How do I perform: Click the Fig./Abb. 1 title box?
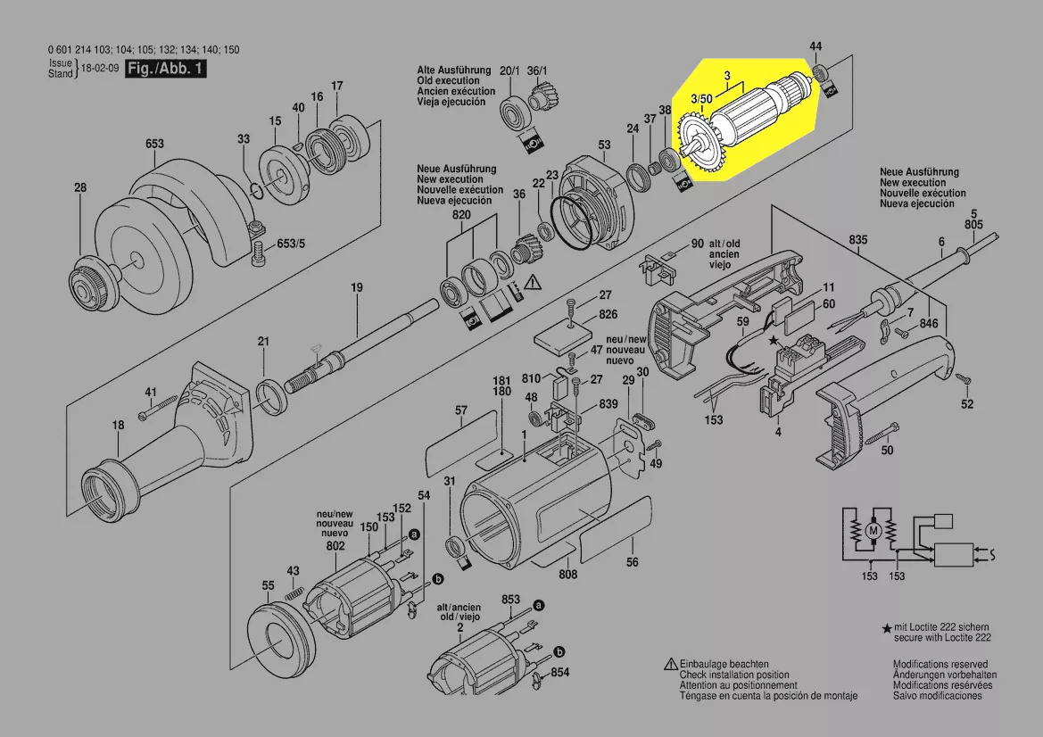tap(166, 69)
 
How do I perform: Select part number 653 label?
tap(155, 143)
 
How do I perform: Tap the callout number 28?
tap(80, 187)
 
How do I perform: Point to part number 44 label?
tap(815, 46)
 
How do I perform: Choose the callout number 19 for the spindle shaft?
tap(357, 287)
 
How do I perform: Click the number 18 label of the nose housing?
tap(119, 426)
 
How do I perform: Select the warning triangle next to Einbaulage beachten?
tap(670, 665)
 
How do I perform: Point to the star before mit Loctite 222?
tap(886, 629)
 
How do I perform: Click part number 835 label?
tap(858, 241)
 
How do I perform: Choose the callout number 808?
tap(568, 575)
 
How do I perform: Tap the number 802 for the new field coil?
tap(335, 545)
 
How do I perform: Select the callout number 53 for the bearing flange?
tap(604, 145)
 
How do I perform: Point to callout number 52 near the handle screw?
tap(967, 405)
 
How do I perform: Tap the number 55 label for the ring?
tap(268, 585)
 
